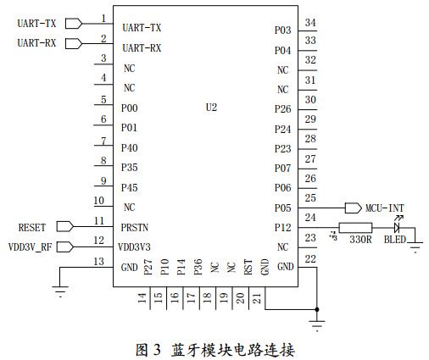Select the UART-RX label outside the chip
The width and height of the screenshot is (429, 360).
pyautogui.click(x=36, y=43)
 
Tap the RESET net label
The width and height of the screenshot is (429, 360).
pyautogui.click(x=32, y=227)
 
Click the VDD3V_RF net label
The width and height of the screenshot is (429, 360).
pyautogui.click(x=31, y=247)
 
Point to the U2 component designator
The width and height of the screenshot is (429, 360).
pyautogui.click(x=212, y=108)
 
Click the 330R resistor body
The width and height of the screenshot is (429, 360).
pyautogui.click(x=354, y=227)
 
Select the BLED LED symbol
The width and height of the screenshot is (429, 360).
pyautogui.click(x=396, y=227)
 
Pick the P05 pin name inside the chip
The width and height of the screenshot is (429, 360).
pyautogui.click(x=282, y=208)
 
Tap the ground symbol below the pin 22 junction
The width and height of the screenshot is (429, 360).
pyautogui.click(x=317, y=323)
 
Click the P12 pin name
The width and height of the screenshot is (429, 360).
pyautogui.click(x=282, y=227)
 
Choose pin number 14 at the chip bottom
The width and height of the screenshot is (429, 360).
pyautogui.click(x=142, y=297)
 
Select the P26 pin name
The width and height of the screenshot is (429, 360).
pyautogui.click(x=282, y=108)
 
